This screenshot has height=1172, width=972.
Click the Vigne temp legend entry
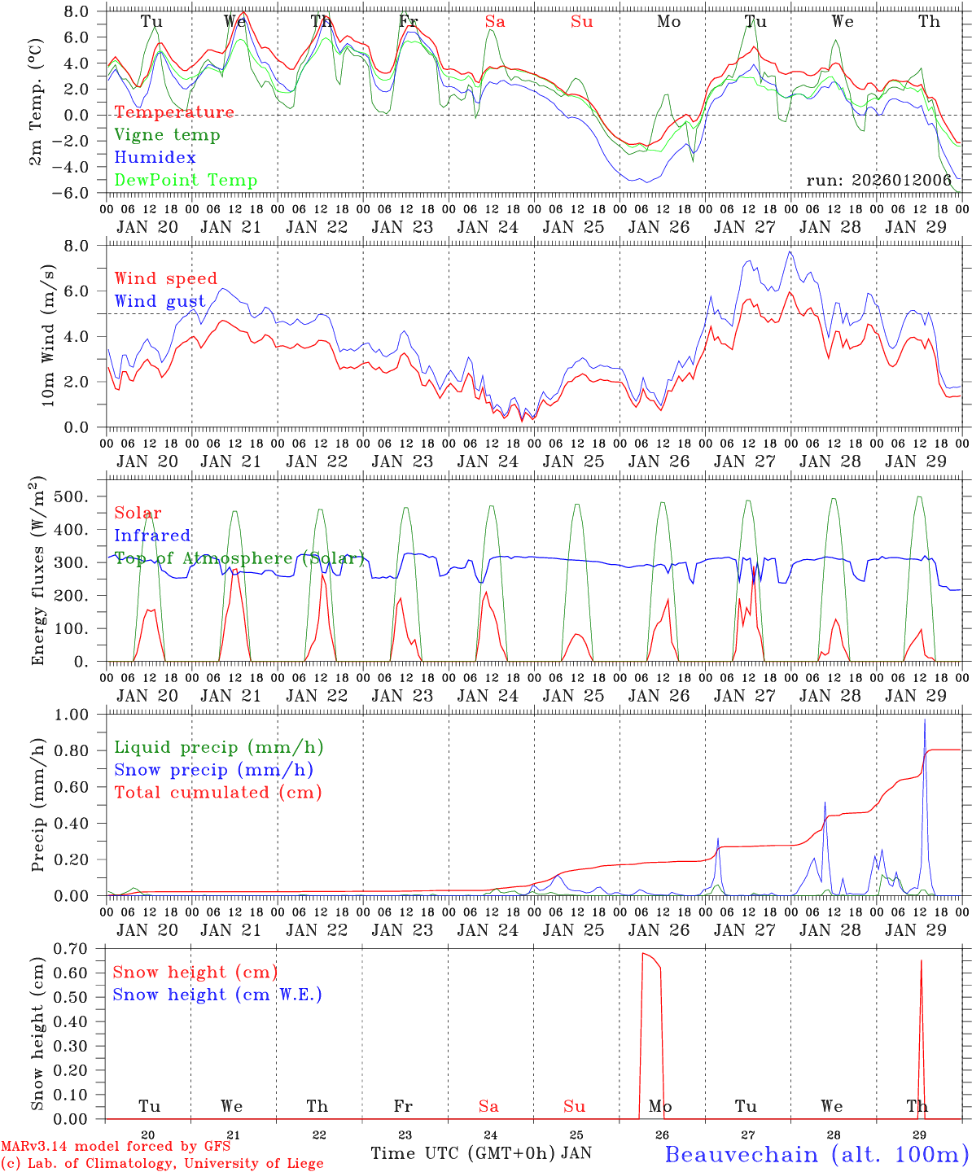[x=167, y=135]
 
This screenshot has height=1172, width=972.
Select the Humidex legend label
[x=155, y=158]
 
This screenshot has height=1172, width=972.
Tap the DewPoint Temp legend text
[x=186, y=181]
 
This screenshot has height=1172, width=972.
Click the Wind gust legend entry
[x=160, y=302]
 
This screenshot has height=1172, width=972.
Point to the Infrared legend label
[x=152, y=536]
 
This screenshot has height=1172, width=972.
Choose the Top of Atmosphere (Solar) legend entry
[x=239, y=558]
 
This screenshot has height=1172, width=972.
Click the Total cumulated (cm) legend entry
[x=217, y=793]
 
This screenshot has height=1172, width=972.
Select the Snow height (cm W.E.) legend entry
[x=217, y=995]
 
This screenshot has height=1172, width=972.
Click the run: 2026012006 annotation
[x=878, y=181]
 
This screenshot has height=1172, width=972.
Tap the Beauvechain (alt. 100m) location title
[x=817, y=1154]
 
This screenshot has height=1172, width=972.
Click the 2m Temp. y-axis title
[x=37, y=102]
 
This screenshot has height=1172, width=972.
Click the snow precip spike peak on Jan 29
[x=924, y=719]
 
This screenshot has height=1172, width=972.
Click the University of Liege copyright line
[x=162, y=1163]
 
